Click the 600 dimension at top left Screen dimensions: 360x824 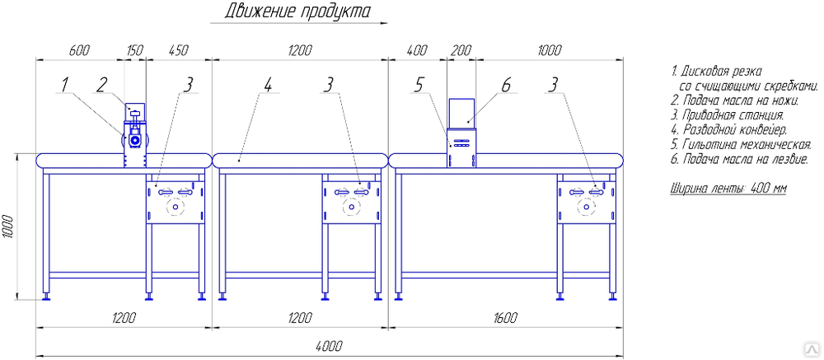click(78, 50)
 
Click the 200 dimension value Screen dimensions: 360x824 click(461, 50)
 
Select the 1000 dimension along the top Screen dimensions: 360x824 click(549, 50)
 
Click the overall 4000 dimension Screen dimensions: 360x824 click(329, 348)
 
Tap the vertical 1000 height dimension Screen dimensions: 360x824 click(7, 227)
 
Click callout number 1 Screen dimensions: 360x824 click(63, 83)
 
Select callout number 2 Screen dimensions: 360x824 click(101, 83)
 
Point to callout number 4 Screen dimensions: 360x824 click(268, 83)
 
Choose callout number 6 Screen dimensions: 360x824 click(506, 83)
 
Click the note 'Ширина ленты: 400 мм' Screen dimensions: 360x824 click(729, 189)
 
